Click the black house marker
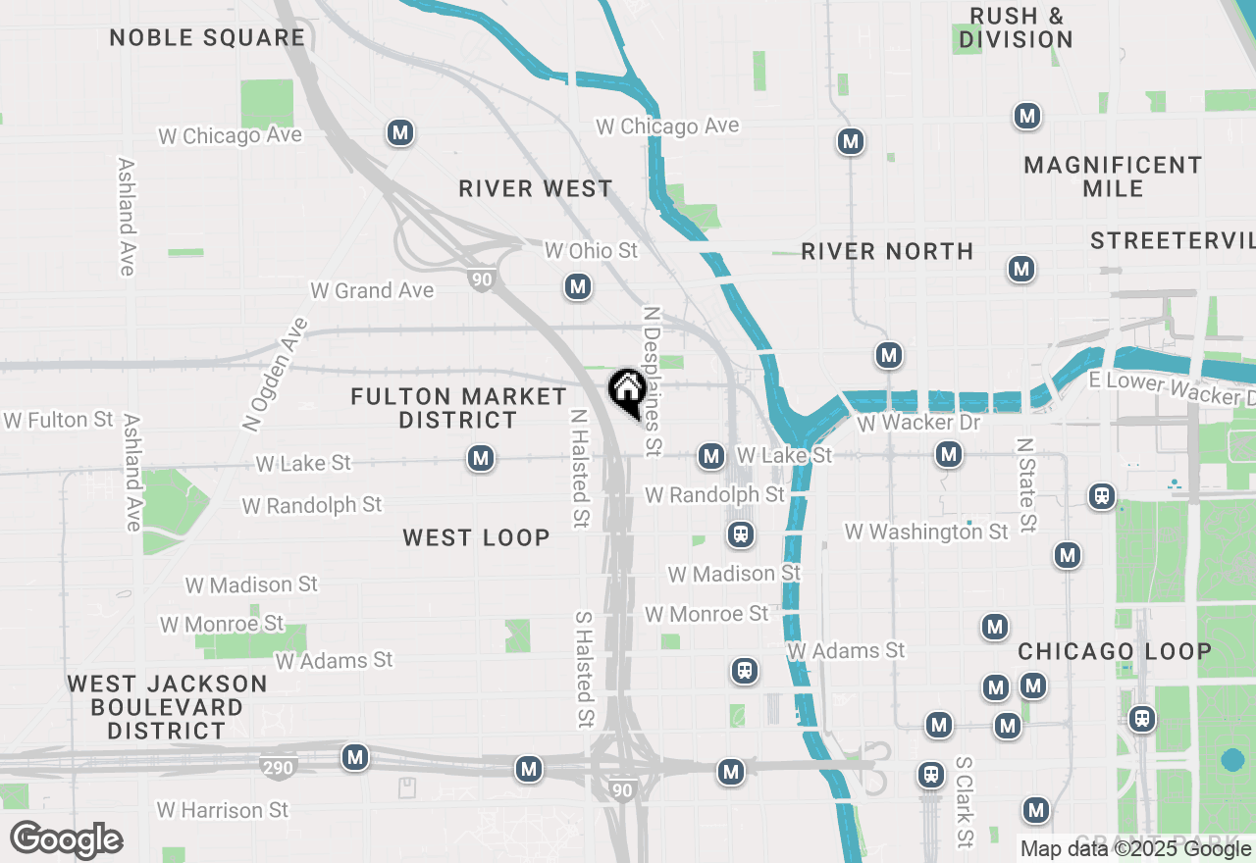626,392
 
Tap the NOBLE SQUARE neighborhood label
207,38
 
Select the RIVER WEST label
536,188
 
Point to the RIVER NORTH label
887,251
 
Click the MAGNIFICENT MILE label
1113,177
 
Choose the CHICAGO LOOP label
1115,651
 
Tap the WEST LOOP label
476,537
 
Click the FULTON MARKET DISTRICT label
458,408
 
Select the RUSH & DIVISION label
1016,27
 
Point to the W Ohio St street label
591,251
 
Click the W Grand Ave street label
372,290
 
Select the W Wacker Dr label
918,423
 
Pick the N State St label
1026,484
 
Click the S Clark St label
965,801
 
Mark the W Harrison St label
223,810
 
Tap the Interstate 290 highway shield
278,767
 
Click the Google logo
67,840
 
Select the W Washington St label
926,532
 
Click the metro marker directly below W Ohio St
578,286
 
